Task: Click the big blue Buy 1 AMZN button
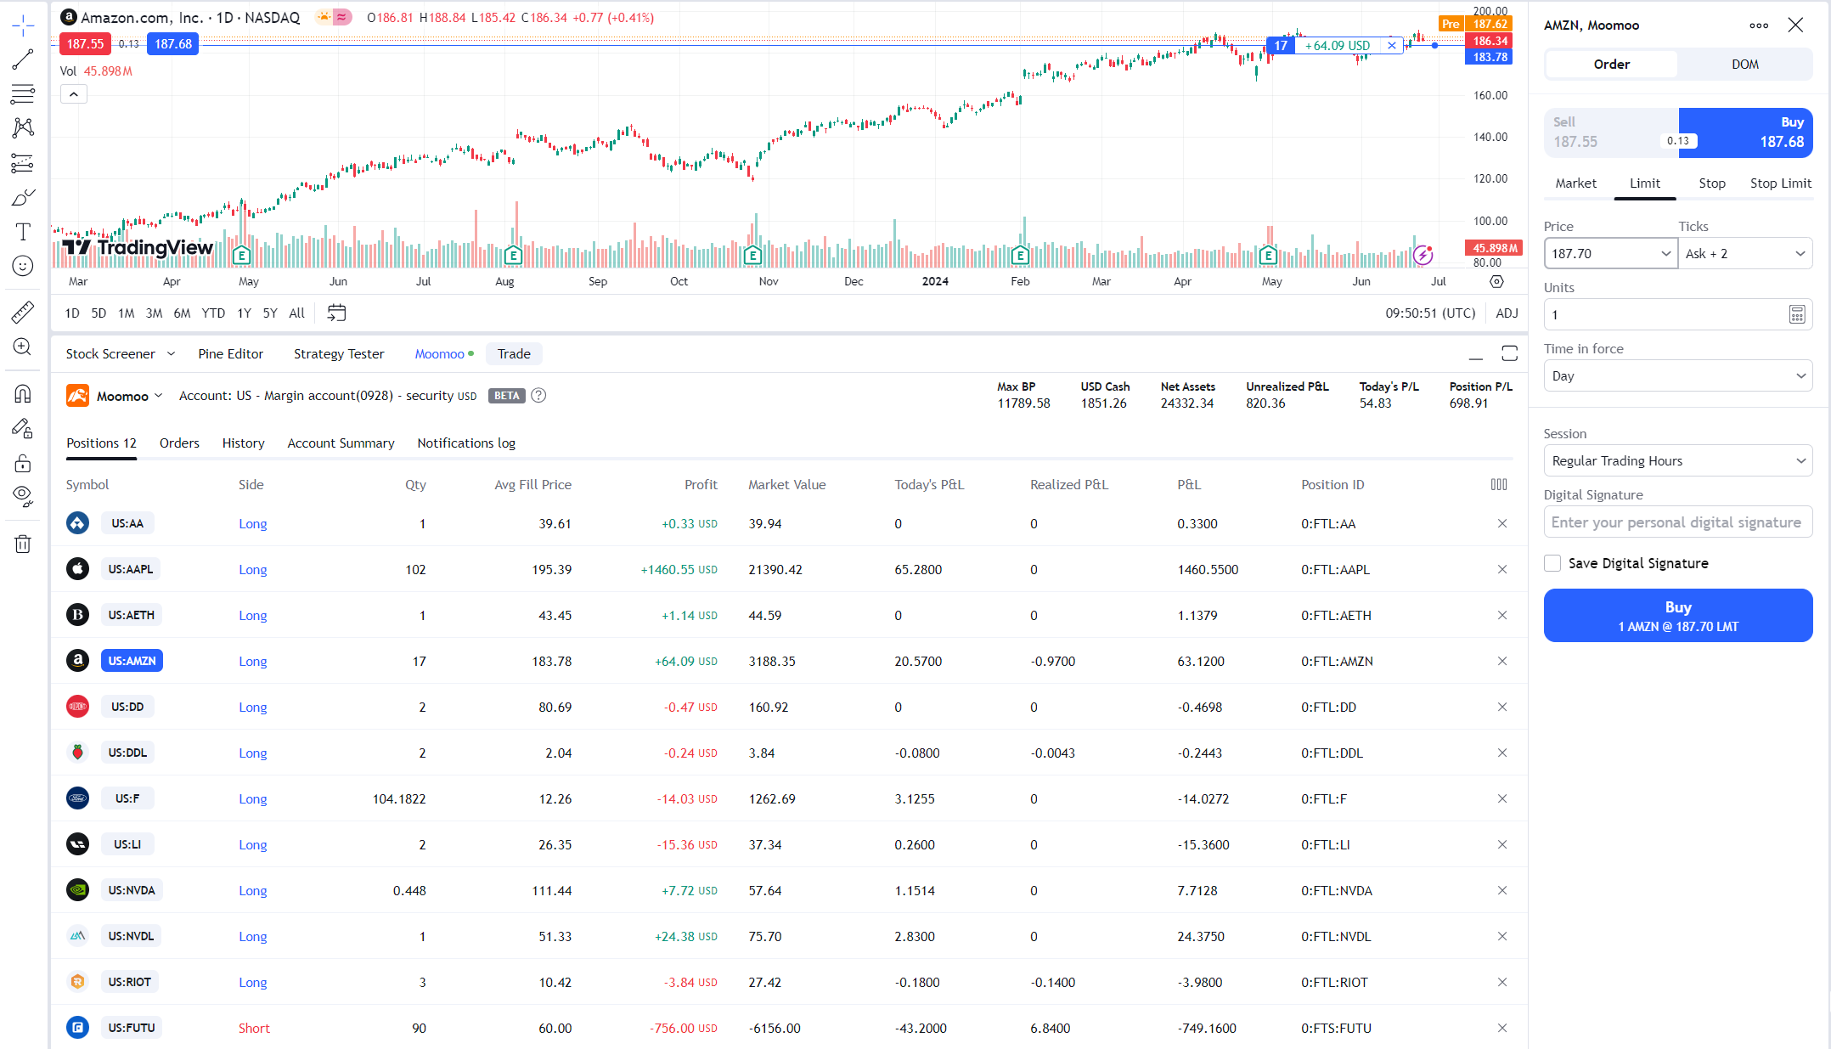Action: point(1677,616)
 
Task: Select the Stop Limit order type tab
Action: point(1780,183)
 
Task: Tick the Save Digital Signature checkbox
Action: point(1552,563)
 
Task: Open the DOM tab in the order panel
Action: point(1744,65)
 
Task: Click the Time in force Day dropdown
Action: point(1677,376)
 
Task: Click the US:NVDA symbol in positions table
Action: point(132,890)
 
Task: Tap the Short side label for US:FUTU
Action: point(254,1028)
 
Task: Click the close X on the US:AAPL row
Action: point(1501,569)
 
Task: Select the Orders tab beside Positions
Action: point(179,443)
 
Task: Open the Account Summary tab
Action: point(341,443)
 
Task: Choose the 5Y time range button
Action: point(270,313)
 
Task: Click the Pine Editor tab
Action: point(230,354)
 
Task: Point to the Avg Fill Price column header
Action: point(532,485)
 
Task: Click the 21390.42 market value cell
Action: point(775,569)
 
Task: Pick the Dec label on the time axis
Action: point(854,282)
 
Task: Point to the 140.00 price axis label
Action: point(1490,137)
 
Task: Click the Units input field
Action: point(1665,315)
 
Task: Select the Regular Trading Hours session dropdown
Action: point(1677,461)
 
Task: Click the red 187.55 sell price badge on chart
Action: point(85,44)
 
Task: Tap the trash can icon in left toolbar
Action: point(23,544)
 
